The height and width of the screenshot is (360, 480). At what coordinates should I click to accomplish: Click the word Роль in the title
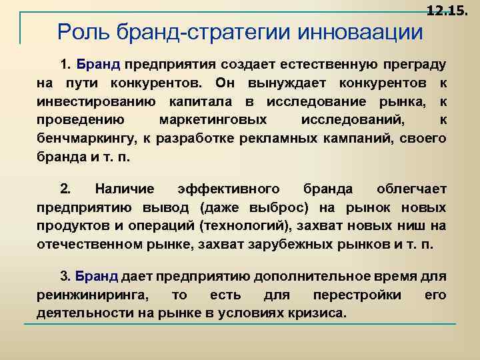[79, 31]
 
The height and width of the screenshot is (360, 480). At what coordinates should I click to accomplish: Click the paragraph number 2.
[65, 189]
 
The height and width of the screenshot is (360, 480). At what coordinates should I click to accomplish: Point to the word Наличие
[125, 189]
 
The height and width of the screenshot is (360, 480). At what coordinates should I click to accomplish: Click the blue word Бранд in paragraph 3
[97, 277]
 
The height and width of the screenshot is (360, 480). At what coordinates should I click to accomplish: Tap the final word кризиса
[319, 313]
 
